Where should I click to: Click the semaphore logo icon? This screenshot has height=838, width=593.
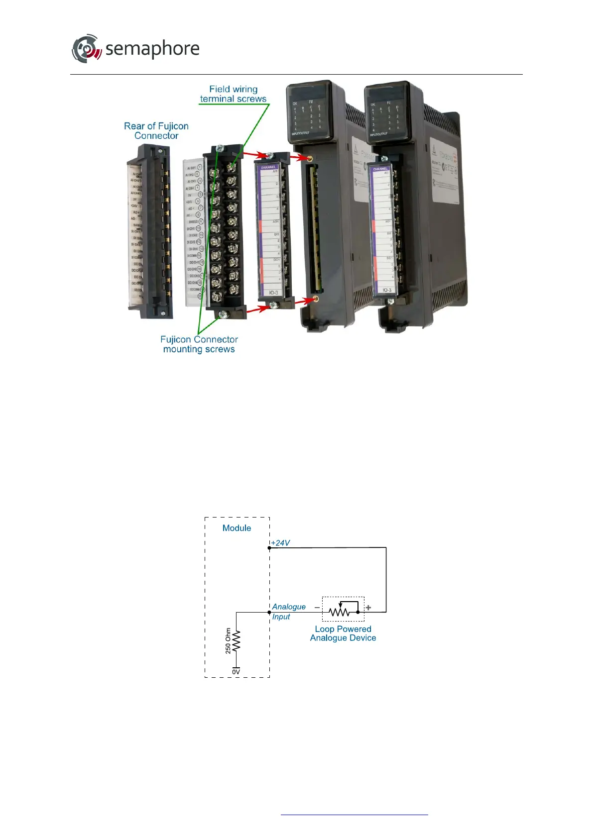pos(86,49)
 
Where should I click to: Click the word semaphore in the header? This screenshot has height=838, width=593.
pos(152,49)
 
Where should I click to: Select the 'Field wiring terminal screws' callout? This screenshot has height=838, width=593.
pos(233,94)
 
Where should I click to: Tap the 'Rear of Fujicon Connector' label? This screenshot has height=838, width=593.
pos(156,131)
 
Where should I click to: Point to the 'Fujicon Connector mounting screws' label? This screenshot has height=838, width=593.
pos(199,344)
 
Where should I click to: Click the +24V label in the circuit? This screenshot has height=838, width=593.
pos(281,543)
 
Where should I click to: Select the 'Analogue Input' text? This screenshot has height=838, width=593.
pos(288,612)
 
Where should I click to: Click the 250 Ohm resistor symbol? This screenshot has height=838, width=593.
pos(237,641)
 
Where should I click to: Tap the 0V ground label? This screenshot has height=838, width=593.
pos(236,672)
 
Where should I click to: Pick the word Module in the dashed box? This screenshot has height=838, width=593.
pos(237,528)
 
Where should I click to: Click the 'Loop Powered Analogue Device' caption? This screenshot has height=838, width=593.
pos(343,633)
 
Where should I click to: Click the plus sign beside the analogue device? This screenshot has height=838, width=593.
pos(368,608)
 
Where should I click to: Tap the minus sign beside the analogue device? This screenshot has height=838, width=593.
pos(317,608)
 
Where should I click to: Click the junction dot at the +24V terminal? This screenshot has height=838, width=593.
pos(269,548)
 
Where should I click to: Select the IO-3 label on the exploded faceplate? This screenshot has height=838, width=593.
pos(274,293)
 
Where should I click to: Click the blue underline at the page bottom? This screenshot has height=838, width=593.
pos(355,815)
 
